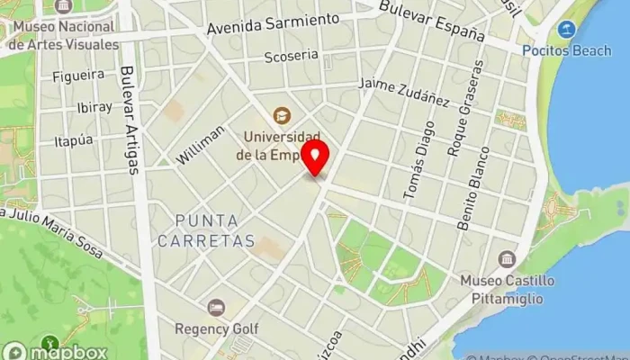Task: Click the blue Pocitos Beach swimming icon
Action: (567, 30)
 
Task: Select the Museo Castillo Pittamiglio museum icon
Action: (507, 259)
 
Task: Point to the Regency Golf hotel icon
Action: (216, 308)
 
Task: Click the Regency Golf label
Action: (216, 328)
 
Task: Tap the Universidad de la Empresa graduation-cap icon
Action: (282, 116)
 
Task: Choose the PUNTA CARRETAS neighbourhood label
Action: (207, 230)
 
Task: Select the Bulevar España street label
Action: (432, 21)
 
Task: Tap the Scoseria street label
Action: (292, 57)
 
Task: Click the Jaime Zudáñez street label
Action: (403, 91)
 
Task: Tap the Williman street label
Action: (201, 144)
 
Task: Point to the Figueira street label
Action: (78, 76)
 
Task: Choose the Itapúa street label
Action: (74, 140)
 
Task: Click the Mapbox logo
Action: (56, 352)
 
